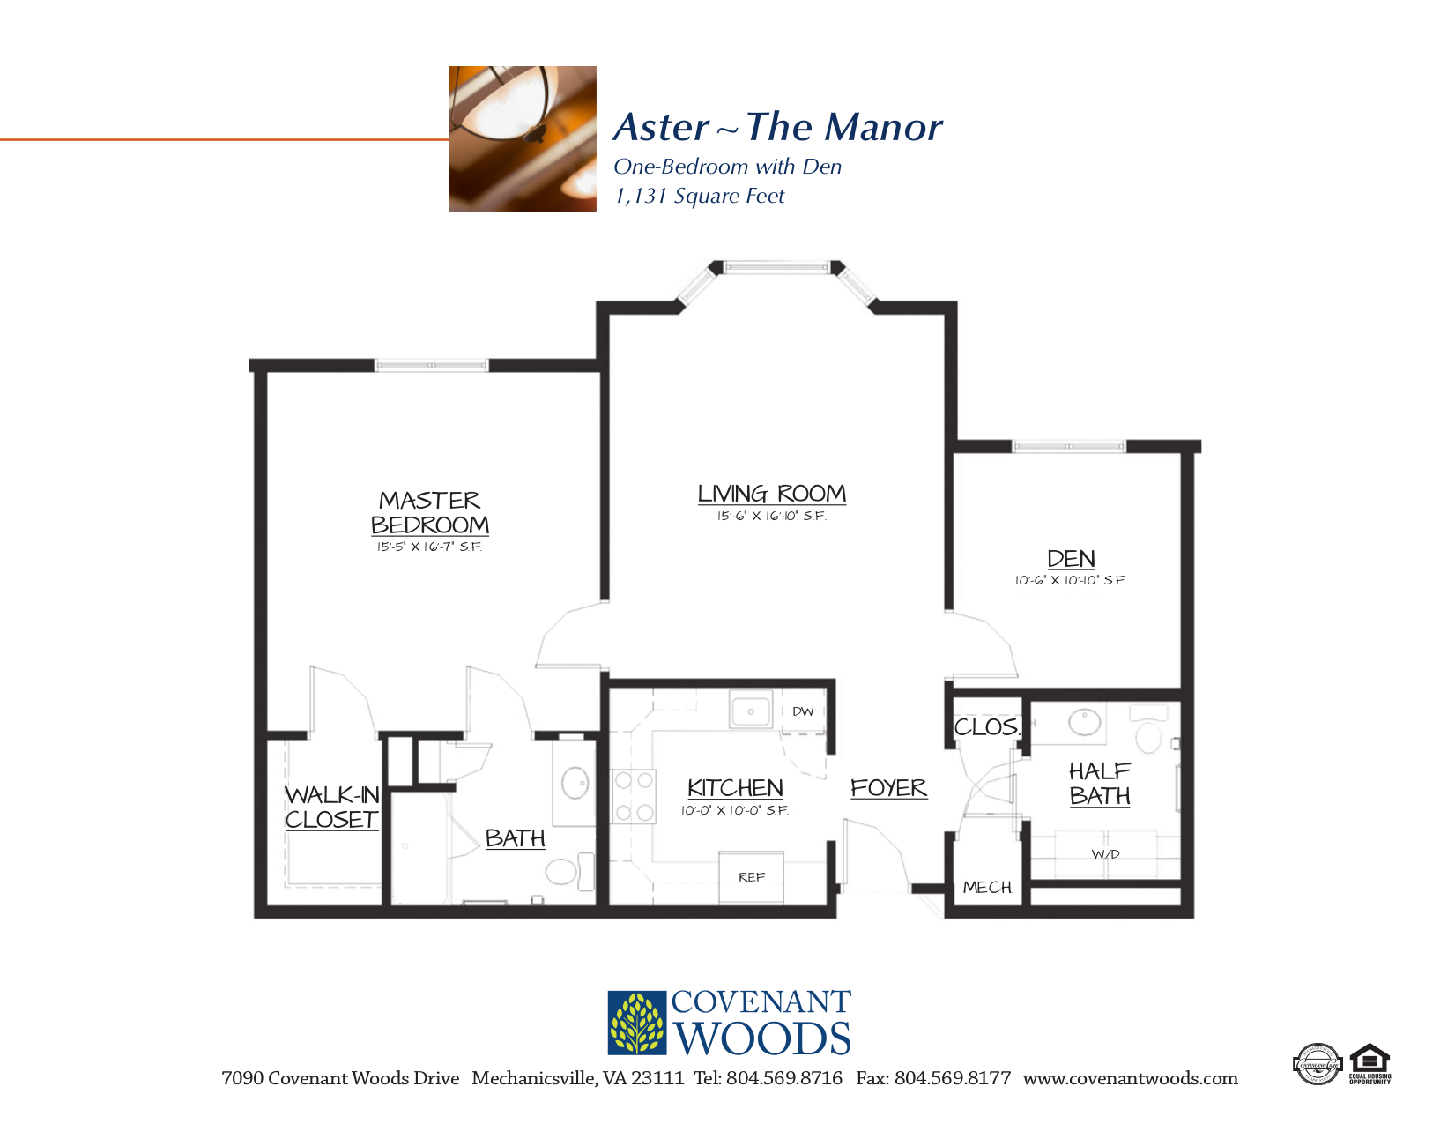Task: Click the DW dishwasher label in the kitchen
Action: click(802, 711)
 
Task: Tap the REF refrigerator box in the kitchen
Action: click(751, 877)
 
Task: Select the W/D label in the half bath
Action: click(1105, 854)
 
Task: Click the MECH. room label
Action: click(988, 888)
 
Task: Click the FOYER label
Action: click(888, 788)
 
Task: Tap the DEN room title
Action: click(1071, 559)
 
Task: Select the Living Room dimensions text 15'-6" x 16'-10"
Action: click(771, 517)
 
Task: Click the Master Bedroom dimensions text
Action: click(429, 547)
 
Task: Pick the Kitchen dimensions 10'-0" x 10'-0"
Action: click(734, 811)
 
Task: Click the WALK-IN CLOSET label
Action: click(331, 808)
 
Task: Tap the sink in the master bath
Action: click(575, 783)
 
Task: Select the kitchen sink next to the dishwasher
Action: click(751, 711)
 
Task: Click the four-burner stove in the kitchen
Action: click(633, 796)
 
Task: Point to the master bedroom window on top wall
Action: click(431, 365)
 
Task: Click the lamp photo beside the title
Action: click(523, 139)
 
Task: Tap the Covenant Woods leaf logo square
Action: click(637, 1024)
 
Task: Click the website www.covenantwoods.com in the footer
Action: click(1130, 1078)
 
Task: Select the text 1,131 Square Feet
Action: click(699, 196)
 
